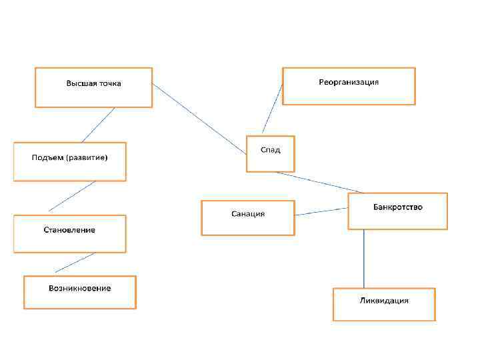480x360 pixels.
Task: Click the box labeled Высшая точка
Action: [93, 87]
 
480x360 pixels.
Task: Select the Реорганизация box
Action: [349, 86]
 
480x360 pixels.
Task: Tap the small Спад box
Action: [270, 154]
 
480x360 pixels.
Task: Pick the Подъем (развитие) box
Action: [69, 161]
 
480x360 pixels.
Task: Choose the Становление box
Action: [69, 233]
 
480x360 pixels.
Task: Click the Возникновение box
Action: [79, 292]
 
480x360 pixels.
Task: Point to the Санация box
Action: [247, 217]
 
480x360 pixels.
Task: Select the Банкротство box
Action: [397, 211]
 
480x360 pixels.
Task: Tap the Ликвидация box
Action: [384, 304]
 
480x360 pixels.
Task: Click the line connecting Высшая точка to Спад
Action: [199, 119]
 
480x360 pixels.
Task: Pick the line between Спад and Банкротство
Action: [319, 182]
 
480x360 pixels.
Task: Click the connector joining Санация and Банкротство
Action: [321, 211]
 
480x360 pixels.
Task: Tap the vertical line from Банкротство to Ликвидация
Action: [363, 259]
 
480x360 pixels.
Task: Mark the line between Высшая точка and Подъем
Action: [98, 125]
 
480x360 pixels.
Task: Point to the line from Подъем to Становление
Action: [72, 196]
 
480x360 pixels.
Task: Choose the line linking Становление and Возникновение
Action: [75, 263]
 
